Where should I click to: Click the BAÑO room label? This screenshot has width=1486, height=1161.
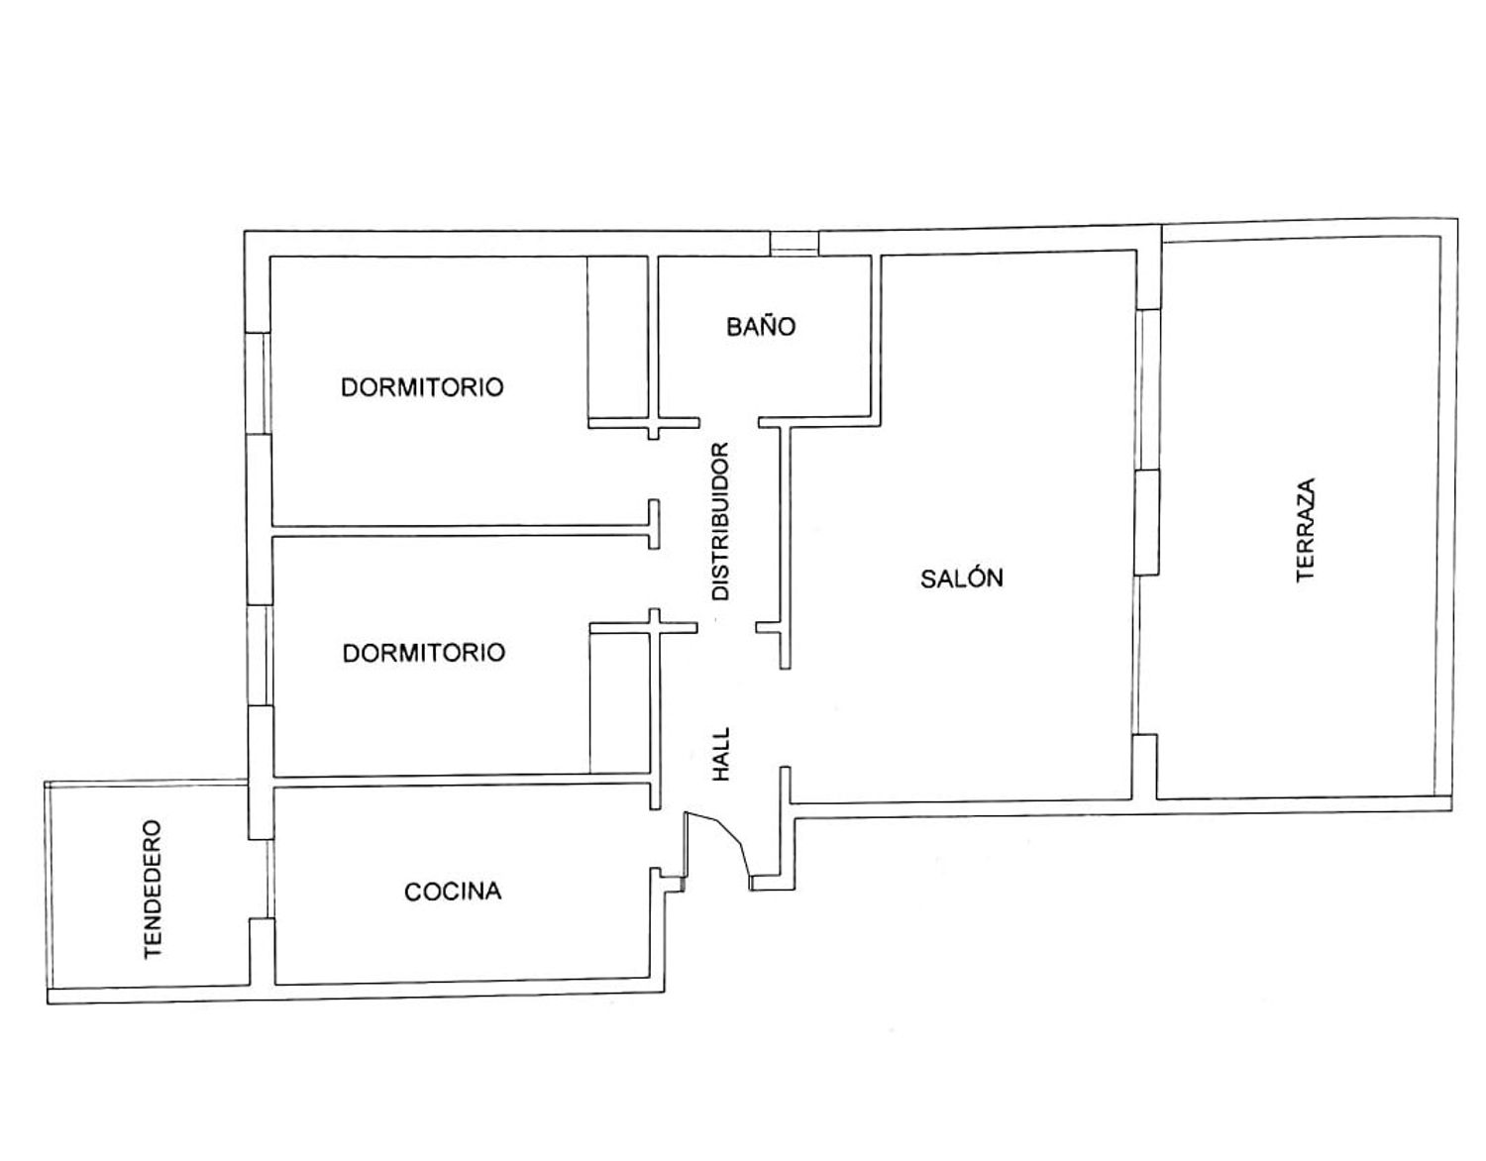point(761,326)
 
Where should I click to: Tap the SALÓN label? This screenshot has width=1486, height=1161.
point(961,579)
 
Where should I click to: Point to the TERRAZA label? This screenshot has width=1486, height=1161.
point(1306,530)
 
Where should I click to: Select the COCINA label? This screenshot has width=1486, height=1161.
point(453,892)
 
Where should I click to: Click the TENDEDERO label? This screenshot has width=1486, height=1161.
point(153,890)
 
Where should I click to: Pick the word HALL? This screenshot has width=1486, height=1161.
point(721,754)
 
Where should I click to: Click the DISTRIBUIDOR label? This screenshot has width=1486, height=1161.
point(721,522)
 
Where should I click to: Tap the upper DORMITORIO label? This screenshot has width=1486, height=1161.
point(422,387)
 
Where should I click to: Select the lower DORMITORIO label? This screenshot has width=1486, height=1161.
point(423,652)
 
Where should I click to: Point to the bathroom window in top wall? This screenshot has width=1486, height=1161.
point(794,244)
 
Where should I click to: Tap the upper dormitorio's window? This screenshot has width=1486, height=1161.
point(259,383)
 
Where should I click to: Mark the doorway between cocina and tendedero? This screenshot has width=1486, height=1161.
point(261,879)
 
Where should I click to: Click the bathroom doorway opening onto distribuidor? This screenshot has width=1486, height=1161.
point(728,423)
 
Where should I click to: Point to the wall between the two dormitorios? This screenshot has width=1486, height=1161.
point(461,531)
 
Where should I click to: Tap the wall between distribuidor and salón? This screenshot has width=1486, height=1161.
point(785,547)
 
